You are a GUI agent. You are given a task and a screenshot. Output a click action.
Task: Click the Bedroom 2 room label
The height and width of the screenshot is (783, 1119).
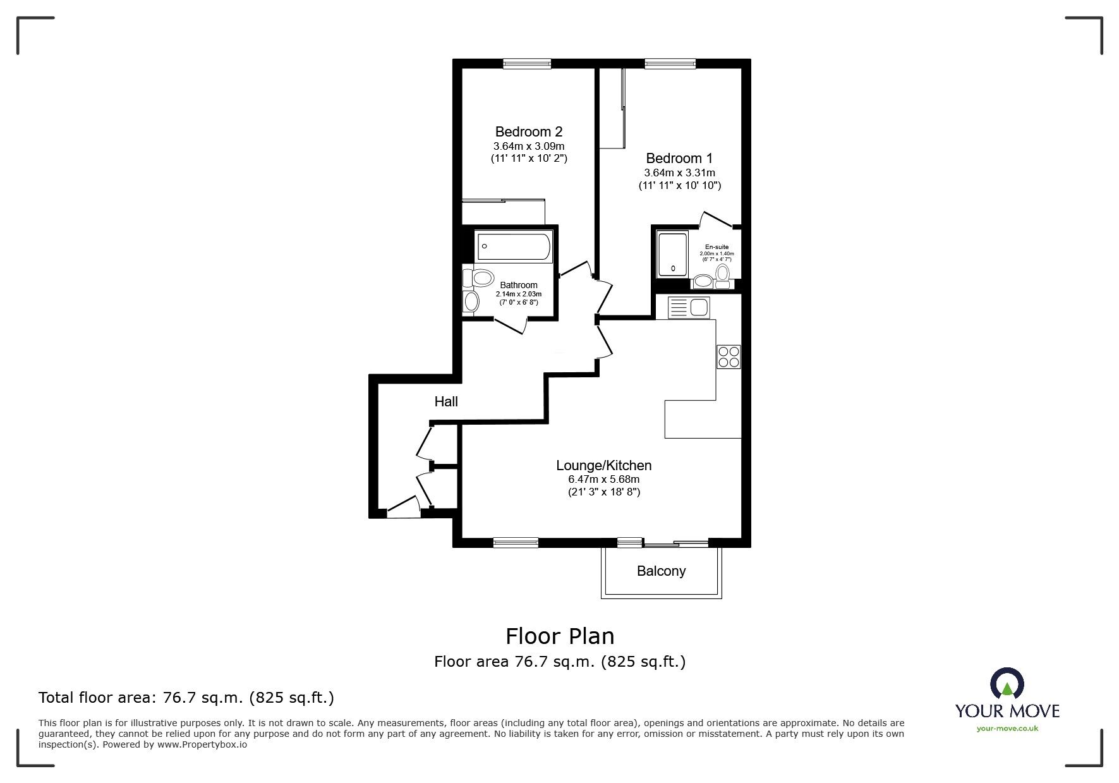[x=528, y=132]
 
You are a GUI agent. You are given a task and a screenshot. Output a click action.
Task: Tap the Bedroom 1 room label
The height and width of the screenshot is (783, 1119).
[x=679, y=159]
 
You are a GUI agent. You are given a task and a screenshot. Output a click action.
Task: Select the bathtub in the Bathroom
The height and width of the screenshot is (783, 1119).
[x=515, y=247]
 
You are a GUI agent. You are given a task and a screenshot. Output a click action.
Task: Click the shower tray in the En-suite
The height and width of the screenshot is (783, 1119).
[x=672, y=255]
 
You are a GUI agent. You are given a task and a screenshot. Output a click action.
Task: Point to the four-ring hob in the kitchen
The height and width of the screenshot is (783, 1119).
[x=728, y=356]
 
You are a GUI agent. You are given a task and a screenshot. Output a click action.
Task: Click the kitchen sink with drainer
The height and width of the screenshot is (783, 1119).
[x=689, y=308]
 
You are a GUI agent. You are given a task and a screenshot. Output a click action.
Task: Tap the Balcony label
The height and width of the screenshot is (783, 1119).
[x=661, y=571]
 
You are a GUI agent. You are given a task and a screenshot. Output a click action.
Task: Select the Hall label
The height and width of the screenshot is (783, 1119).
[x=446, y=402]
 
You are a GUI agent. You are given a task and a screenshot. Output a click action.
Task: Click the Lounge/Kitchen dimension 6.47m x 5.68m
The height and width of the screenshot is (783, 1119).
[x=603, y=480]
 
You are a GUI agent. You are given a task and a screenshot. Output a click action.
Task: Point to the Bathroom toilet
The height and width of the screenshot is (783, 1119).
[x=478, y=278]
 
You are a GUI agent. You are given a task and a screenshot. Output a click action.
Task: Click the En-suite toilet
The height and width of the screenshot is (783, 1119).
[x=722, y=274]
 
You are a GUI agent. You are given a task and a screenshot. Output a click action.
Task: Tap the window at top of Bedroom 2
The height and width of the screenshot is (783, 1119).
[x=527, y=63]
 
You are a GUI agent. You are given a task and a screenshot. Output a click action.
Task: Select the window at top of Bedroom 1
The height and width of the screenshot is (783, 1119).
[x=670, y=63]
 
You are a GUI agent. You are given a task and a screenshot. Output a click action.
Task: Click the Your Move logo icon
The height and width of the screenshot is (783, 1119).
[x=1007, y=684]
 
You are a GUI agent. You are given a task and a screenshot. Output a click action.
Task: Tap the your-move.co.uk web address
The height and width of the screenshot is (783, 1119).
[x=1007, y=729]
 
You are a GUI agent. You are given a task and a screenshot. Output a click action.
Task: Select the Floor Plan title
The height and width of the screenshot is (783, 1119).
[x=559, y=636]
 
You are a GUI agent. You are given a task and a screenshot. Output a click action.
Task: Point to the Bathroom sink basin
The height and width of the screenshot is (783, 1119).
[x=471, y=302]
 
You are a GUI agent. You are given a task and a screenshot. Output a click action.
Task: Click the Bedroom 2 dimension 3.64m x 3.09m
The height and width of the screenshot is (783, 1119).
[x=528, y=147]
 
